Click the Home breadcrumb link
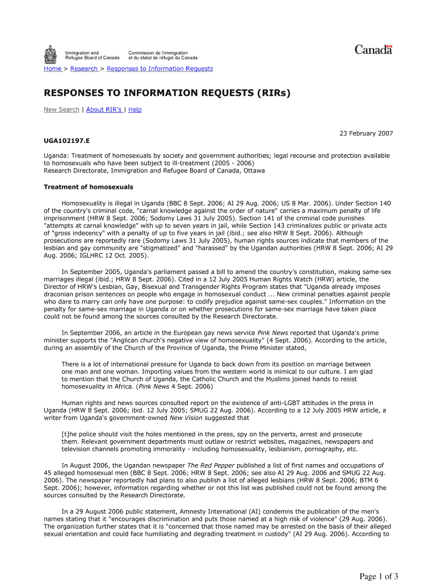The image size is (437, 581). pyautogui.click(x=53, y=69)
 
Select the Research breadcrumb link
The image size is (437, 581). pyautogui.click(x=84, y=69)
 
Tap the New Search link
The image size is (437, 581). pyautogui.click(x=61, y=110)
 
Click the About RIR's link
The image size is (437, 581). pyautogui.click(x=104, y=110)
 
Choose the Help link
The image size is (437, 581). pyautogui.click(x=135, y=110)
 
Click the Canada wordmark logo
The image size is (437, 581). pyautogui.click(x=373, y=50)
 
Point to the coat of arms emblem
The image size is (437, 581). pyautogui.click(x=51, y=54)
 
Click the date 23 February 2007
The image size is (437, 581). pyautogui.click(x=366, y=133)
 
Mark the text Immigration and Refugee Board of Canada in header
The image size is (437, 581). pyautogui.click(x=92, y=55)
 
